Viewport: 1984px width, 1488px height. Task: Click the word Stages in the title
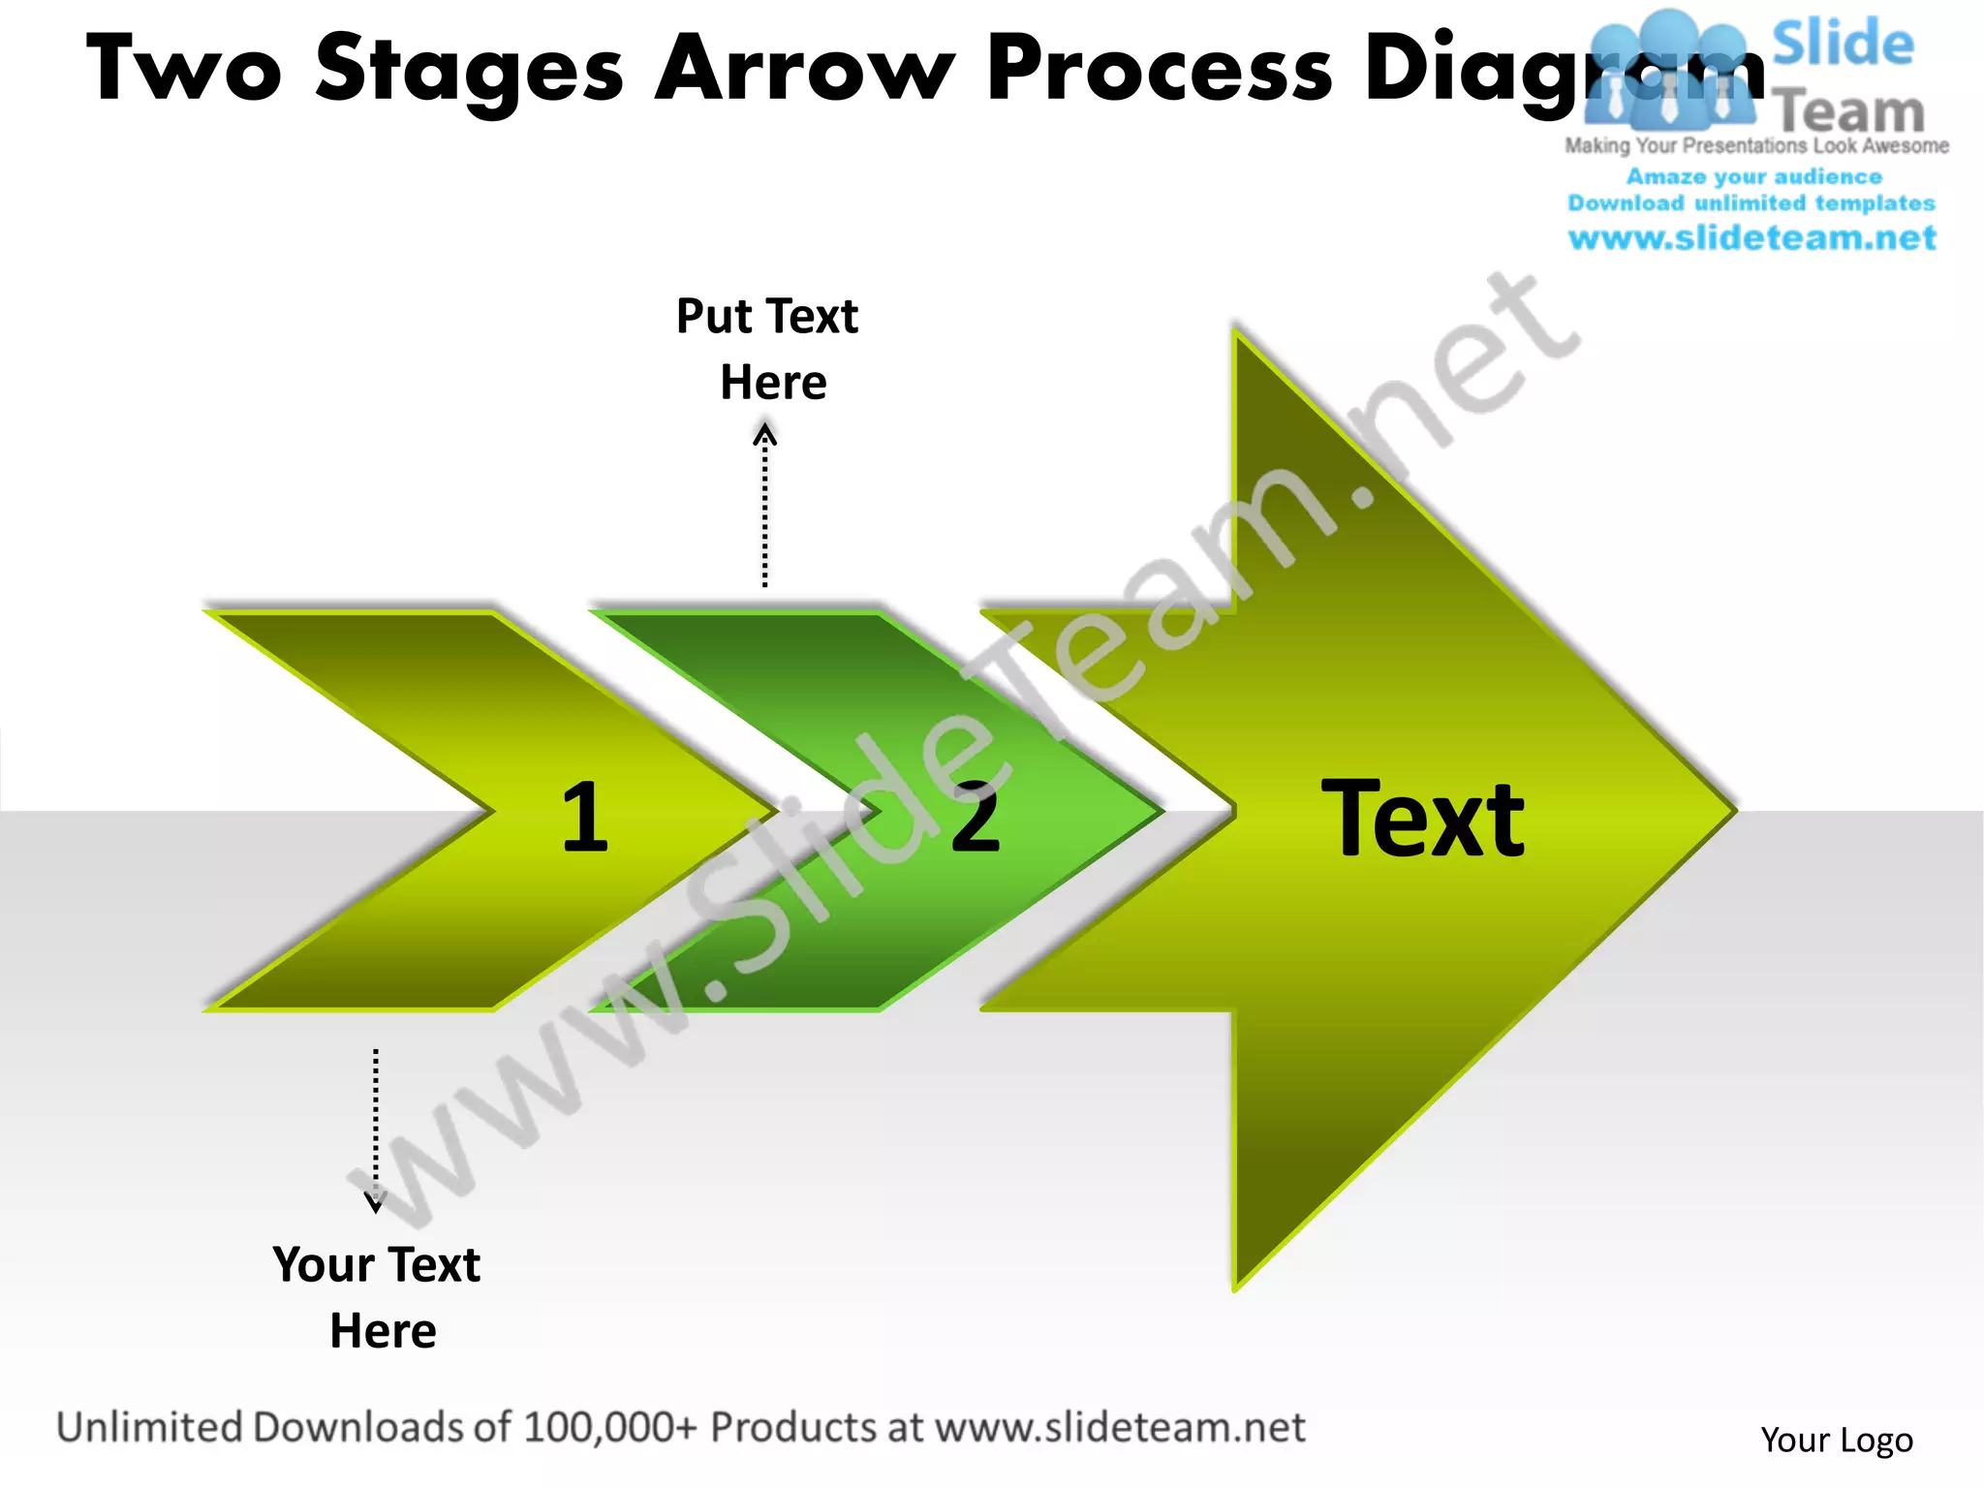click(x=470, y=70)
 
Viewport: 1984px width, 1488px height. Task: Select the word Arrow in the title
click(x=804, y=70)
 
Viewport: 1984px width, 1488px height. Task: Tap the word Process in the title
click(x=1160, y=70)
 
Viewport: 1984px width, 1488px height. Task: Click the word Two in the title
click(x=184, y=70)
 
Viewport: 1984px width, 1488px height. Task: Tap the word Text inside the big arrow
click(x=1422, y=820)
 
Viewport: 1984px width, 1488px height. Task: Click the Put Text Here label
click(x=768, y=349)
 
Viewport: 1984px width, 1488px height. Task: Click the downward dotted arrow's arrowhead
click(x=375, y=1205)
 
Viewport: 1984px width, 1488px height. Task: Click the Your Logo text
click(x=1836, y=1440)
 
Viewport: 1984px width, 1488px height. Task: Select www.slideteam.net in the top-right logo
click(x=1751, y=237)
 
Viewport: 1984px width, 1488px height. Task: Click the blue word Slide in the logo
click(x=1843, y=45)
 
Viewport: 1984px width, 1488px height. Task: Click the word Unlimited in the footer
click(x=149, y=1427)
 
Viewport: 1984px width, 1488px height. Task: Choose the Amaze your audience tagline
click(x=1753, y=176)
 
